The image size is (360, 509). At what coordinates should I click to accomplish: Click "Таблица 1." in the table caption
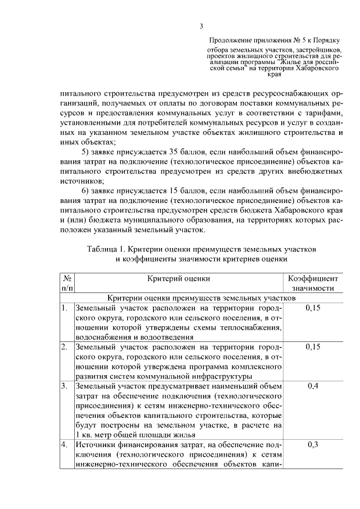107,249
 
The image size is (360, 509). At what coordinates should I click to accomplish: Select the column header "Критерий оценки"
179,278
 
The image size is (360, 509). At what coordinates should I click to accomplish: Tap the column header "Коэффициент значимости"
313,283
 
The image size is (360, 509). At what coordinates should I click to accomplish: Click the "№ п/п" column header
66,283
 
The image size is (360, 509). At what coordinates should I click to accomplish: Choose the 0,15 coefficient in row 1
313,308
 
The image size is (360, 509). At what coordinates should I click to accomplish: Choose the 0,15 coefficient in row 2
313,347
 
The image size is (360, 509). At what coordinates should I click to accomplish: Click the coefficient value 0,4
313,386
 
